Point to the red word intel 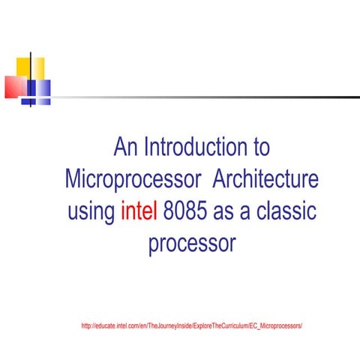tap(138, 211)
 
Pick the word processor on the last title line tap(192, 244)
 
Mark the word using tap(91, 213)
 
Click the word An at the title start tap(126, 147)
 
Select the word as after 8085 tap(226, 211)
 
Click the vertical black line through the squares tap(31, 79)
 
